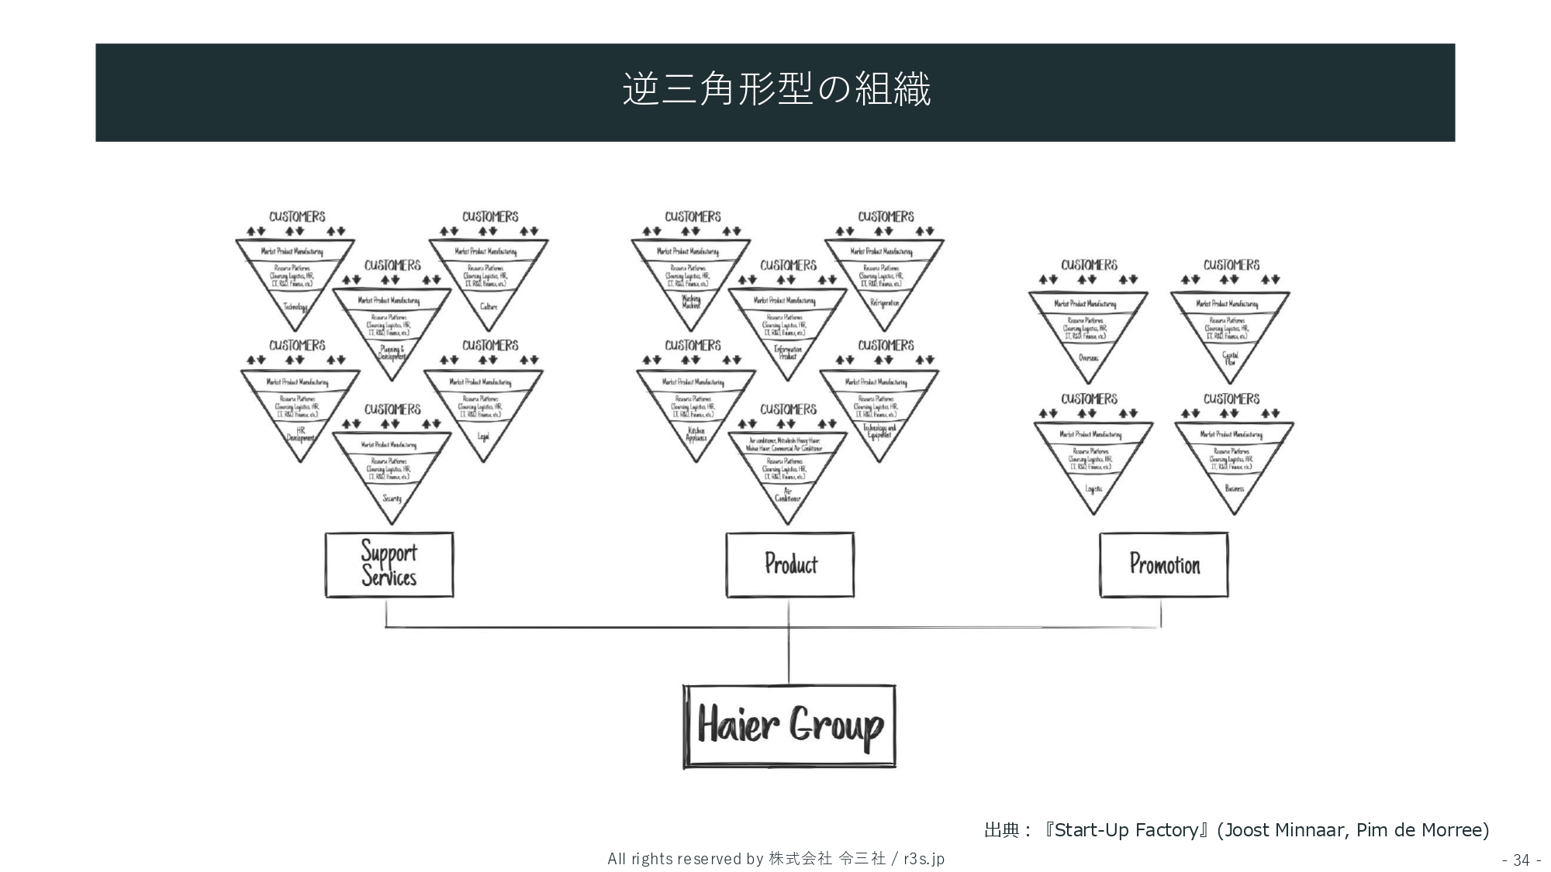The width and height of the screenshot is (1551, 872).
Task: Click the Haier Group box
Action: [789, 726]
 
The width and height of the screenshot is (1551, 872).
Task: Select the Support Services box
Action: [389, 564]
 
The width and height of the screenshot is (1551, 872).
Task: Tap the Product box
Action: [790, 564]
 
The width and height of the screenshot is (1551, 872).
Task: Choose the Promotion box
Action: [1164, 564]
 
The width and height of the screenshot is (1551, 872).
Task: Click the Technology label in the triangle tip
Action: [295, 307]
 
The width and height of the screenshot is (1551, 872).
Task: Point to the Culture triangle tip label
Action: [489, 307]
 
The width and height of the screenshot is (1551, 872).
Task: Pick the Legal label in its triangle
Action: [483, 436]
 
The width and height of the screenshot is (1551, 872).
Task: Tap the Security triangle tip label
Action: [392, 498]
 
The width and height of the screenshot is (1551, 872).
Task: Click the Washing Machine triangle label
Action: [691, 302]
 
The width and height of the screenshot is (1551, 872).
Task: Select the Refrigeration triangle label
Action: [885, 303]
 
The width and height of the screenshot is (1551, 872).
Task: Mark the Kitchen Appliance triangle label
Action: [696, 435]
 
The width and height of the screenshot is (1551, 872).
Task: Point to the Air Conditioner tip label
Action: [788, 495]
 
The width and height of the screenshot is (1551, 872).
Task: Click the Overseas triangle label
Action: [1088, 358]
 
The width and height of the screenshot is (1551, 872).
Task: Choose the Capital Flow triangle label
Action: [1230, 358]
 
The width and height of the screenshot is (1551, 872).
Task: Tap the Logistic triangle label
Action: [1093, 489]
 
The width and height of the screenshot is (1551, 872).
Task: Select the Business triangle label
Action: [1234, 488]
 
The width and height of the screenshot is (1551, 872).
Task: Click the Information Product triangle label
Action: [788, 353]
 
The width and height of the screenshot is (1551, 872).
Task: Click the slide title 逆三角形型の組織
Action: [775, 90]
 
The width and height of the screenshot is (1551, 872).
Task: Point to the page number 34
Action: [1521, 860]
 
